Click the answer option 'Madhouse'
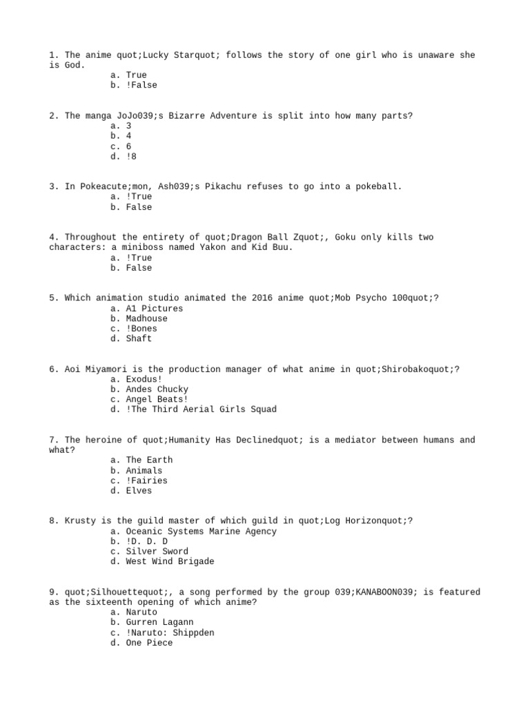(x=146, y=318)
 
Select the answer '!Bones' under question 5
(x=141, y=329)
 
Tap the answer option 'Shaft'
(x=139, y=338)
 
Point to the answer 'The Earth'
(x=149, y=460)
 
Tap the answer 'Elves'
(x=139, y=491)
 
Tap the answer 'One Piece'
(x=149, y=643)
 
